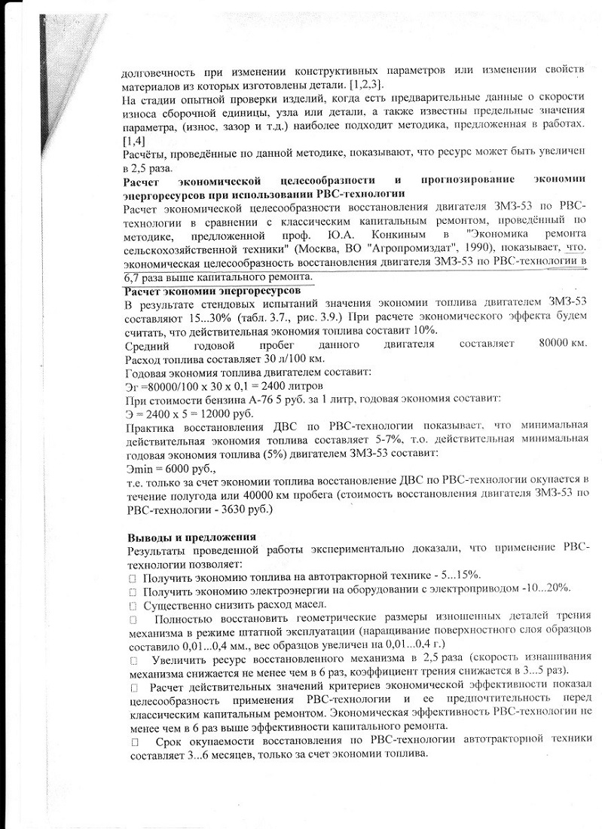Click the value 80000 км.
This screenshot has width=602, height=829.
(x=562, y=344)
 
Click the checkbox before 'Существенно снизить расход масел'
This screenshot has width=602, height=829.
(x=133, y=605)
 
